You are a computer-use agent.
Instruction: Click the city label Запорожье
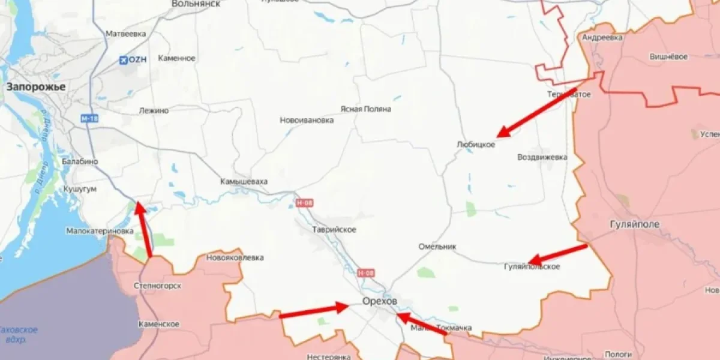click(x=35, y=87)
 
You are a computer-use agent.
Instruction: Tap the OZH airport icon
click(x=124, y=59)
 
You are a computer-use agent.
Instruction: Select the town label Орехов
click(x=379, y=302)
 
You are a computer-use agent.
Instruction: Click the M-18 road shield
click(x=89, y=119)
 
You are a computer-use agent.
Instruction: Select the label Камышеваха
click(x=244, y=181)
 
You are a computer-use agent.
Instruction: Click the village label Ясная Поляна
click(x=365, y=109)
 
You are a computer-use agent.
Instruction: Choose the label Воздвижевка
click(x=542, y=157)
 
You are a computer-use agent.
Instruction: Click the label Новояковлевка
click(x=235, y=258)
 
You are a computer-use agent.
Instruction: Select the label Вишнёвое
click(x=668, y=57)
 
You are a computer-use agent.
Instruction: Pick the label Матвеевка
click(x=125, y=34)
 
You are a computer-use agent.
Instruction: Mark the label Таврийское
click(x=334, y=230)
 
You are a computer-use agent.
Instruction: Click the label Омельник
click(x=437, y=247)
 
